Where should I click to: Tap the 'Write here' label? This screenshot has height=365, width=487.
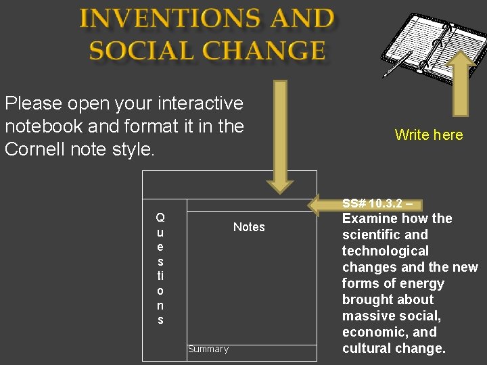point(429,135)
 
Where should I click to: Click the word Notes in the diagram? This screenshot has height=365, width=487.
point(249,227)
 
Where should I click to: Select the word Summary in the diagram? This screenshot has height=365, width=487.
point(208,349)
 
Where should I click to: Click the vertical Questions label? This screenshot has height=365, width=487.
point(160,268)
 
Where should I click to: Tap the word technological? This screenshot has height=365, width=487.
point(386,251)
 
